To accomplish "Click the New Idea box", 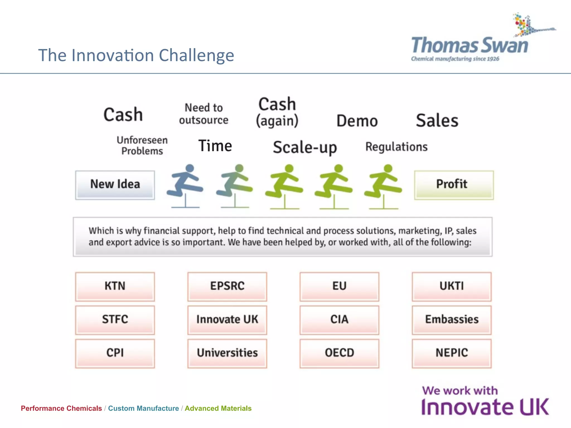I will [x=115, y=185].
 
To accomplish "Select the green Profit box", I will [x=454, y=185].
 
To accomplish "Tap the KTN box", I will [x=115, y=286].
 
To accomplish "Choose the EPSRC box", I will [x=227, y=286].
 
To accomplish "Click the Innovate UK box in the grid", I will [x=227, y=320].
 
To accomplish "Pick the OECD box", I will [x=339, y=353].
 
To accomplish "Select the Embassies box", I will [x=452, y=320].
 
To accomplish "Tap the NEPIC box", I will [x=452, y=353].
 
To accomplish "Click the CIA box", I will [x=339, y=320].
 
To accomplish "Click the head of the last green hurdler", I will [x=388, y=168].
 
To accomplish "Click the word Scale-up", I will [x=305, y=147].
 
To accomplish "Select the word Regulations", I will [x=396, y=147].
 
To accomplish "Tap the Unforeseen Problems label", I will [x=142, y=145].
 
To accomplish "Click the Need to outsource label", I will [x=204, y=114].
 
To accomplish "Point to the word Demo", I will [x=357, y=121].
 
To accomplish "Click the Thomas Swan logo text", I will [x=470, y=46].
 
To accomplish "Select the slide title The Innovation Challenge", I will [x=136, y=55].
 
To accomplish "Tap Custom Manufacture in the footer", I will [x=143, y=408].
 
